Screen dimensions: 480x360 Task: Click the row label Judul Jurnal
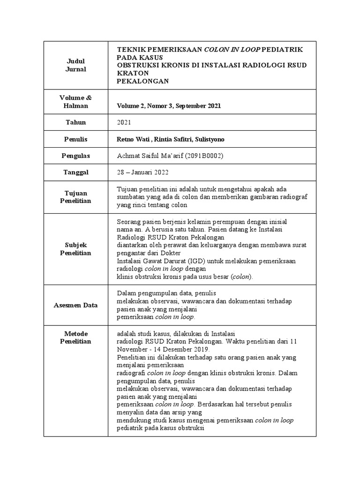click(x=75, y=65)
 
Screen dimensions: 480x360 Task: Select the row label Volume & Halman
click(x=75, y=102)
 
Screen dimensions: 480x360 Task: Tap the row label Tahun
click(x=75, y=122)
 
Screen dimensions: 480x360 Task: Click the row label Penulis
click(x=75, y=139)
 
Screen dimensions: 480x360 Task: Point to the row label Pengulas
click(x=75, y=156)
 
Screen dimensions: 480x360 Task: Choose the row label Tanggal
click(x=75, y=172)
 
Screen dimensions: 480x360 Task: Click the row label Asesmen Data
click(x=75, y=305)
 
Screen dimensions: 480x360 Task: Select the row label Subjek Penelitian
click(x=75, y=249)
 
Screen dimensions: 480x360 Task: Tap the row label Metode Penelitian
click(x=75, y=337)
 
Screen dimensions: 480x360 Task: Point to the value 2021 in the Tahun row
click(x=124, y=122)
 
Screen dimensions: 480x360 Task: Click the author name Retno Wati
click(x=133, y=139)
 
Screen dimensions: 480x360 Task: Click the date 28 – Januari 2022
click(x=144, y=172)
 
